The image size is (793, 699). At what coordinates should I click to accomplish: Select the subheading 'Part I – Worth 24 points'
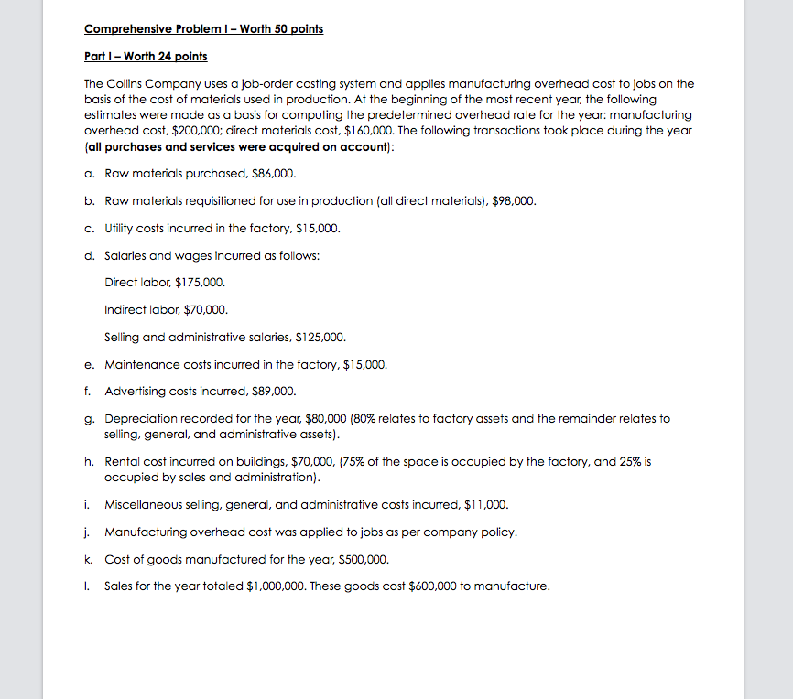(x=145, y=57)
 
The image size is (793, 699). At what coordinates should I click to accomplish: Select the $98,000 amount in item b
(x=515, y=200)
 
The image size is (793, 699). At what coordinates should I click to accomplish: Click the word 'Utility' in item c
(x=121, y=228)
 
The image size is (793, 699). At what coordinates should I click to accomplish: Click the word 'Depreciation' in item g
(x=142, y=418)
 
